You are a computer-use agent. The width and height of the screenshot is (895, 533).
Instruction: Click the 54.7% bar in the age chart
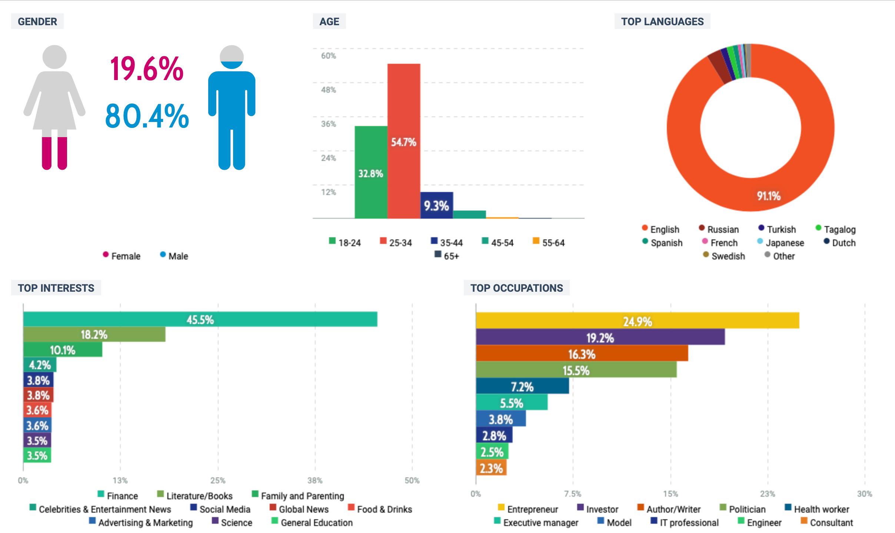pos(404,141)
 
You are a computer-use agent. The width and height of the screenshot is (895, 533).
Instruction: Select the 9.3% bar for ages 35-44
pos(436,205)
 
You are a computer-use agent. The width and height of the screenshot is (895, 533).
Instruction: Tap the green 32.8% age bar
pos(371,172)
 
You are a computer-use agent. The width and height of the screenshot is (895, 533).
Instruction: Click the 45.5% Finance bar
pos(200,320)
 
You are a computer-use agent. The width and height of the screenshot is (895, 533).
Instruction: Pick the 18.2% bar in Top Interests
pos(94,334)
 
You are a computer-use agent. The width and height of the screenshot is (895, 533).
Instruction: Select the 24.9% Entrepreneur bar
pos(637,321)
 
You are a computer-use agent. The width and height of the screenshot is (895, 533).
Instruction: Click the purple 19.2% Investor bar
pos(600,337)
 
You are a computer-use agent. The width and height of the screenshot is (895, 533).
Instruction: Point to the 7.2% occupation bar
pos(522,386)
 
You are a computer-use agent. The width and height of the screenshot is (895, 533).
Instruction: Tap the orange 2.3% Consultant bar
pos(491,468)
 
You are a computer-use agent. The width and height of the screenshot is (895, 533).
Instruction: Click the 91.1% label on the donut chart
pos(769,196)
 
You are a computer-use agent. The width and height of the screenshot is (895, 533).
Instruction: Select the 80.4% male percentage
pos(147,116)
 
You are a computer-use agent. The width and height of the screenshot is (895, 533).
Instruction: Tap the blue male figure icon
pos(232,107)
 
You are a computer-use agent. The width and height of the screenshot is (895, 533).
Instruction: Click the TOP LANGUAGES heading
pos(662,21)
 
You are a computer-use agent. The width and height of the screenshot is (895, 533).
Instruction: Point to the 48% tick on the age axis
pos(329,90)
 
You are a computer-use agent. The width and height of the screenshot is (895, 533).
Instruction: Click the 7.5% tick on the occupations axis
pos(573,494)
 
